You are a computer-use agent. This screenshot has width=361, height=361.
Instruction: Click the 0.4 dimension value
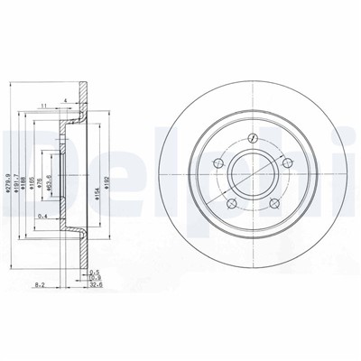click(44, 215)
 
